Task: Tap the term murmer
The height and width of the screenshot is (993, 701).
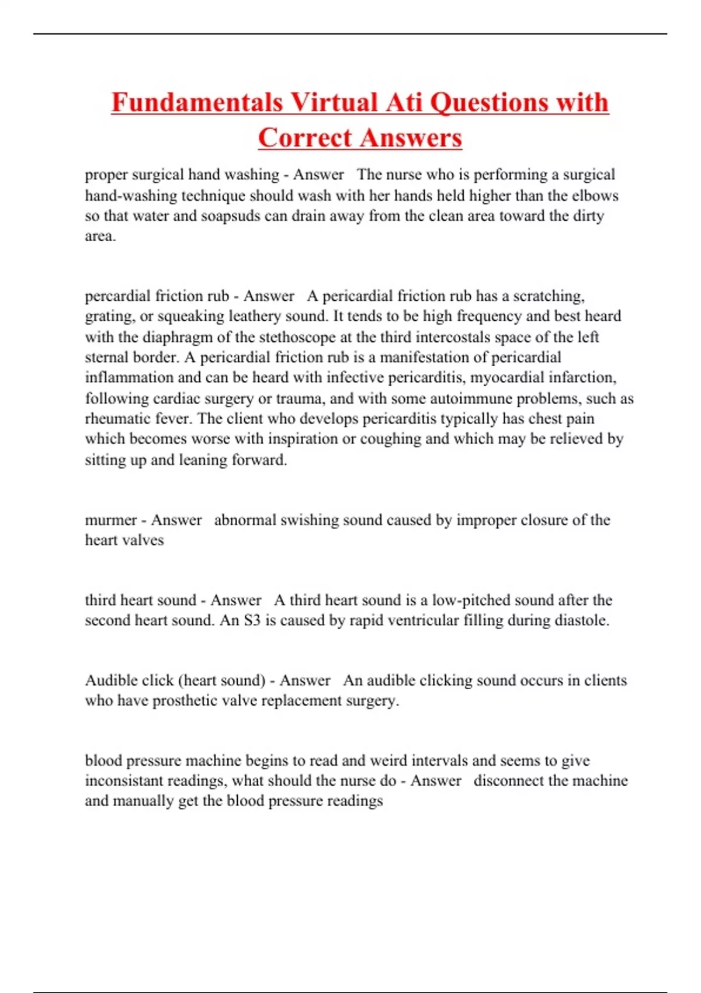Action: click(110, 520)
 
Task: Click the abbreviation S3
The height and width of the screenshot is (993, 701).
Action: click(252, 620)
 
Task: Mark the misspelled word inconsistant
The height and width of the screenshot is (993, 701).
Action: click(124, 781)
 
